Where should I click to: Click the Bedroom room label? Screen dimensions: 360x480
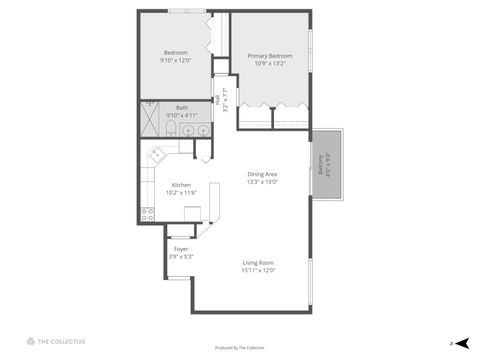click(x=175, y=53)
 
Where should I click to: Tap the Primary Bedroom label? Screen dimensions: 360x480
click(x=270, y=56)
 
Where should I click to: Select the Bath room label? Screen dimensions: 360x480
click(x=182, y=108)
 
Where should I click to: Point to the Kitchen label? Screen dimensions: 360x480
click(x=181, y=185)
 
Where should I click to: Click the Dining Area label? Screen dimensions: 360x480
click(x=263, y=175)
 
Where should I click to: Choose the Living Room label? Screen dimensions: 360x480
click(x=258, y=263)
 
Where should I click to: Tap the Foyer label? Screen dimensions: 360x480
click(x=181, y=249)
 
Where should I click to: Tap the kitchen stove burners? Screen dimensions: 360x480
click(x=148, y=212)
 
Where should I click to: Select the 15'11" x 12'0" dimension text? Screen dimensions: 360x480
click(x=258, y=270)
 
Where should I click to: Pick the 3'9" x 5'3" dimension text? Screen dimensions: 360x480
click(x=181, y=257)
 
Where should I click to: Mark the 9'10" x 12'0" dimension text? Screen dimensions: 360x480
click(x=175, y=60)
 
